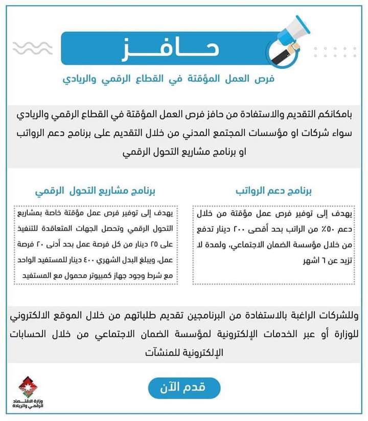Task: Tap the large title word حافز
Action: pos(174,49)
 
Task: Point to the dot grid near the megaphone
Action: pos(335,52)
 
